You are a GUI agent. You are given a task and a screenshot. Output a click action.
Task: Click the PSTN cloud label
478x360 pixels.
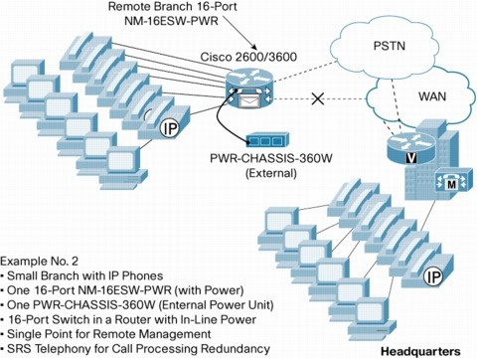pos(389,46)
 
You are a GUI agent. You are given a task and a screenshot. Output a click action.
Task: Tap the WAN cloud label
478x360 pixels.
pos(432,96)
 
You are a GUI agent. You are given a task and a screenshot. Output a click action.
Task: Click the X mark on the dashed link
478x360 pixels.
pos(318,98)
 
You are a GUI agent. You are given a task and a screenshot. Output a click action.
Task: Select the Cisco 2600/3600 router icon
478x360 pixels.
pos(249,88)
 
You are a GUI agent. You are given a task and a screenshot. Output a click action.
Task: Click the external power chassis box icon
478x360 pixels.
pos(267,140)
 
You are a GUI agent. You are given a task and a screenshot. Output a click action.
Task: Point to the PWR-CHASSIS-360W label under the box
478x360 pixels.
pos(270,158)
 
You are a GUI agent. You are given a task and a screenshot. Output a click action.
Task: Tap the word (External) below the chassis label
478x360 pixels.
pos(270,173)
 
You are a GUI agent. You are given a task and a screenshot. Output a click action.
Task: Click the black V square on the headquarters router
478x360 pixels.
pos(410,158)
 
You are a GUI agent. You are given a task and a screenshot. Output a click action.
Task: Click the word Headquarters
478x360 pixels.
pos(420,351)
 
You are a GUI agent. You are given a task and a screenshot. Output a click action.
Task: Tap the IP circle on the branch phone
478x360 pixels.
pos(169,128)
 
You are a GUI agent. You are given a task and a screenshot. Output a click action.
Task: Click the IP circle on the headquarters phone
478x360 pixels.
pos(433,277)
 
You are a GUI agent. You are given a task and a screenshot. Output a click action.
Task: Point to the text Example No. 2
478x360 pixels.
pos(40,262)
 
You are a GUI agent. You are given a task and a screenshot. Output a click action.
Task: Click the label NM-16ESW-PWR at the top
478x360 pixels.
pos(171,21)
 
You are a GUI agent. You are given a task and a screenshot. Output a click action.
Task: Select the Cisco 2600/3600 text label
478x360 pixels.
pos(248,57)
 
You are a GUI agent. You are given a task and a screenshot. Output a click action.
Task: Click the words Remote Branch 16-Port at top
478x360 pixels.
pos(172,6)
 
